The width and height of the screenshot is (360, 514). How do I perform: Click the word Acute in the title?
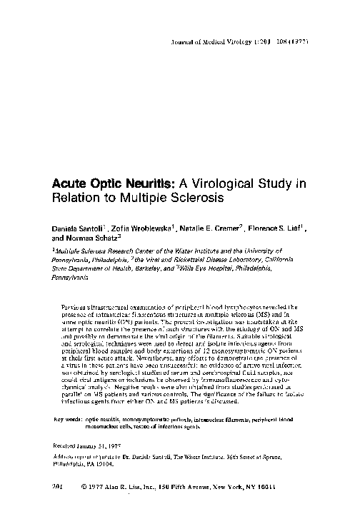(x=71, y=183)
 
